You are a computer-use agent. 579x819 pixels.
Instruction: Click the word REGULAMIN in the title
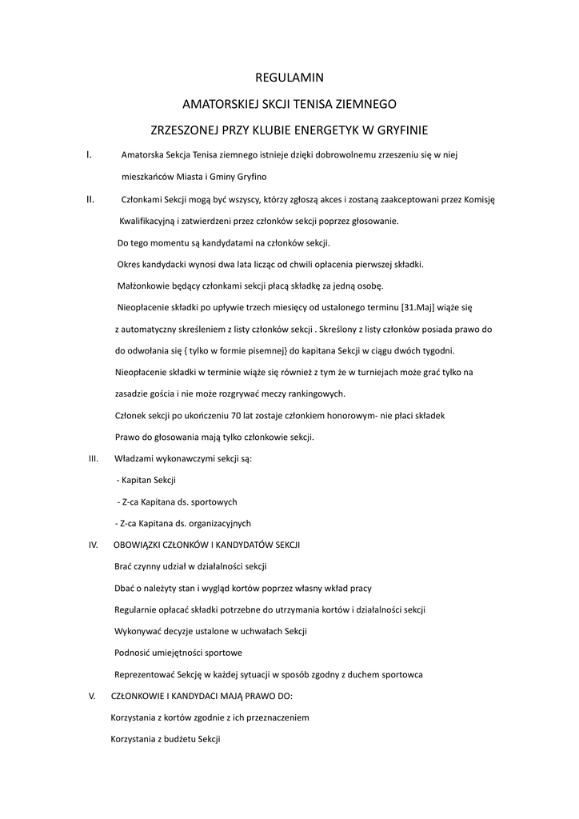(289, 78)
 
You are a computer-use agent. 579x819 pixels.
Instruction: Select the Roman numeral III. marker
(93, 458)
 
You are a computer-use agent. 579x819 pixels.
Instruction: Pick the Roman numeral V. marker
(92, 696)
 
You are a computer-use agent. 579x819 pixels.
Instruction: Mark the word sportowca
(400, 674)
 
